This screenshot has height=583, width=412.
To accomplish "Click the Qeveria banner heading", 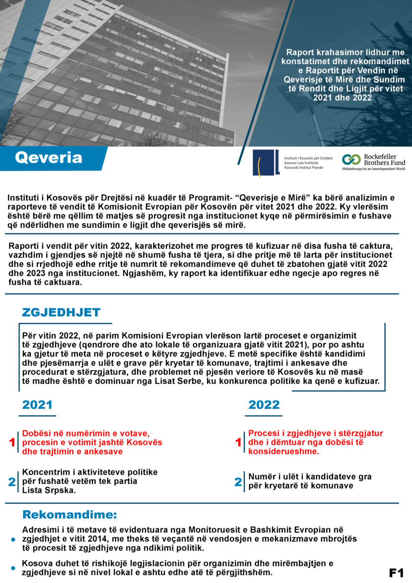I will (48, 158).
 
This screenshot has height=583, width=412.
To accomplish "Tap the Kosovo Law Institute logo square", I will (266, 163).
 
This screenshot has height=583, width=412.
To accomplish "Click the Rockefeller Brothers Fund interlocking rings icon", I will (351, 160).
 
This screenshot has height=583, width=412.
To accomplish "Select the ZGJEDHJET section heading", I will (61, 313).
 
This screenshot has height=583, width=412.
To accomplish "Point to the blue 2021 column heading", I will (37, 405).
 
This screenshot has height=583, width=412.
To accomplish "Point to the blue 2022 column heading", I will (263, 405).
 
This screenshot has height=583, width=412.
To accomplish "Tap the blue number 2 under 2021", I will (12, 482).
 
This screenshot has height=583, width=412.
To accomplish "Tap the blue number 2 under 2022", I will (238, 482).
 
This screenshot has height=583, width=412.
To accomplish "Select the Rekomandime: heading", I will (70, 515).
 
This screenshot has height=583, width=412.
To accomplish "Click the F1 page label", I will (396, 572).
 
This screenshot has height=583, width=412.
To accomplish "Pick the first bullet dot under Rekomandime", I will (13, 539).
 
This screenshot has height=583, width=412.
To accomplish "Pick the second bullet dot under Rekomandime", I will (13, 568).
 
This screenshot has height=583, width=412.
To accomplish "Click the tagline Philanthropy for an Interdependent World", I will (373, 169).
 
